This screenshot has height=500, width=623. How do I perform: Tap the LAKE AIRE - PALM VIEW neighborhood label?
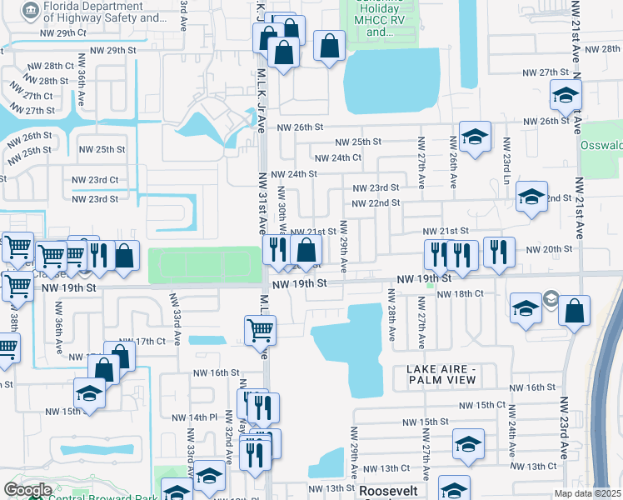441,374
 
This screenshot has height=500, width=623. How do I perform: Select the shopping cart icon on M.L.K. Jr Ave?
261,331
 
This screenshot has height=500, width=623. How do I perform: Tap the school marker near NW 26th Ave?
475,137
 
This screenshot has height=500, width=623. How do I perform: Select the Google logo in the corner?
27,490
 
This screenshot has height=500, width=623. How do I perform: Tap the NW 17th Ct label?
142,342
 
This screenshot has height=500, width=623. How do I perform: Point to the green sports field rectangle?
204,264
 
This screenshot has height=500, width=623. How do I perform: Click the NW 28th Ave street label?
391,316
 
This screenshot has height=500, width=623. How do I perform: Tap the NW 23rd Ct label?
97,180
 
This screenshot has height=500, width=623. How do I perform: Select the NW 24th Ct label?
338,157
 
